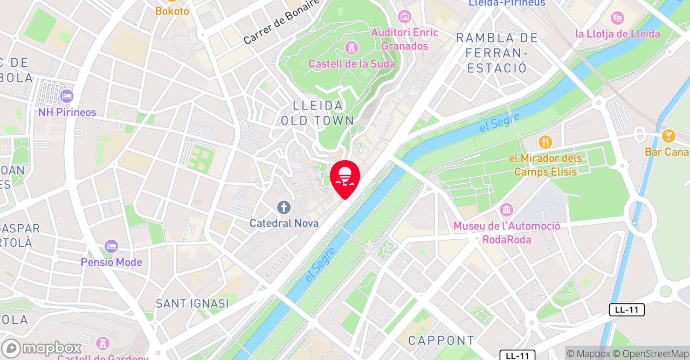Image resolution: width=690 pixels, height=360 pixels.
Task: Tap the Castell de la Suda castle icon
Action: coord(352,48)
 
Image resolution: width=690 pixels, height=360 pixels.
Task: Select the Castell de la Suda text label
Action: coord(351,64)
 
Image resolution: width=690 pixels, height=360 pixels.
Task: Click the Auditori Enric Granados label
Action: coord(404,39)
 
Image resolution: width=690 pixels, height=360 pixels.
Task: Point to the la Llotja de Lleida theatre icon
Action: coord(617,18)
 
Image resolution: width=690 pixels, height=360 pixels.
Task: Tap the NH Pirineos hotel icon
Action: coord(67,96)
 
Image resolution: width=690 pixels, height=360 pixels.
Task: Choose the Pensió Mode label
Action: coord(112,262)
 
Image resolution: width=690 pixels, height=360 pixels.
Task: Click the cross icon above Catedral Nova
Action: coord(284,207)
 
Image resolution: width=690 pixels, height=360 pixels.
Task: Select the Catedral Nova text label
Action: coord(284,223)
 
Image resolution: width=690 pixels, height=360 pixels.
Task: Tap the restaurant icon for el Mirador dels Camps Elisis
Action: coord(545,142)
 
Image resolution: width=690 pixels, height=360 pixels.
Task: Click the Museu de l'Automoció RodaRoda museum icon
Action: coord(506,210)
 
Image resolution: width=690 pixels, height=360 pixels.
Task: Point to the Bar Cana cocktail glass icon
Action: coord(668,136)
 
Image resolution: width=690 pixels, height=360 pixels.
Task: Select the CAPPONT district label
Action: coord(441,341)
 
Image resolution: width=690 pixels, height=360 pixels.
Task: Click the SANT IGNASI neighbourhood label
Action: coord(192,303)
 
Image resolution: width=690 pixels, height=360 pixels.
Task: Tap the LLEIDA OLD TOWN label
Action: coord(318,113)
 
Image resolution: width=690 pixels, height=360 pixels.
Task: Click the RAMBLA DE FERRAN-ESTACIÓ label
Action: coord(497,53)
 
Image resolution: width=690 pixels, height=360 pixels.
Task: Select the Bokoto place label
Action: coord(172,11)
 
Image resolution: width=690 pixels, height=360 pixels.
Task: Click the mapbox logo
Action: coord(41,348)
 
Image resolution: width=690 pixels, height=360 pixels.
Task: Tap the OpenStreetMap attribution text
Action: coord(655,354)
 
